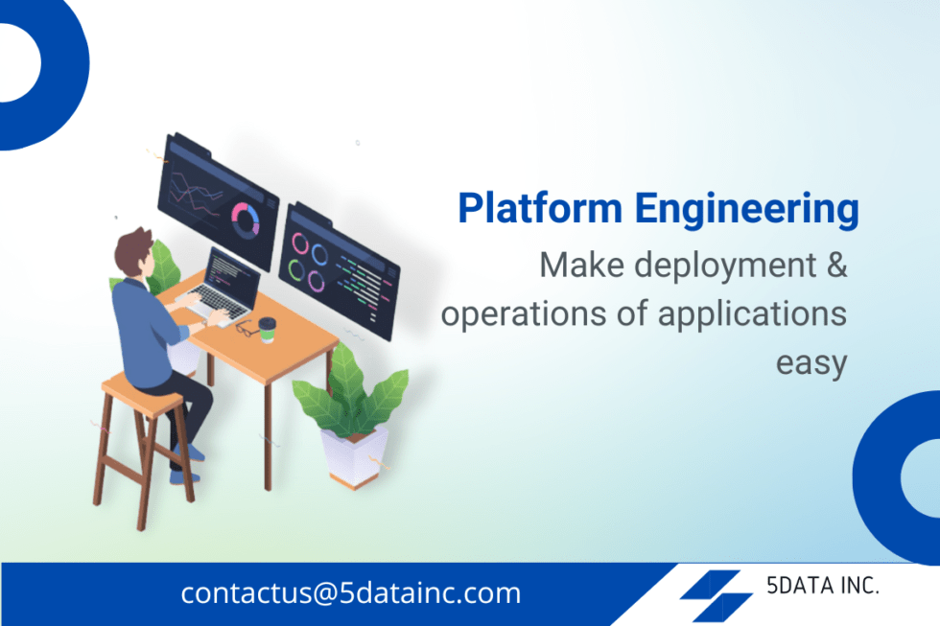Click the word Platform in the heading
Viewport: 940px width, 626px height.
click(x=540, y=208)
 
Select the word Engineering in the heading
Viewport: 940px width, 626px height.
click(x=747, y=210)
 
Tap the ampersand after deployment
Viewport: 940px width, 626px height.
click(x=836, y=265)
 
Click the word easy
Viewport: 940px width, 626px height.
click(x=811, y=363)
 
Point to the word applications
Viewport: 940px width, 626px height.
click(x=752, y=314)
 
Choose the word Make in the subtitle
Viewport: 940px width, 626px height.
click(x=581, y=265)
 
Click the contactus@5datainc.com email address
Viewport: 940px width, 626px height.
click(x=351, y=593)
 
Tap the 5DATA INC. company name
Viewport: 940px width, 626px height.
click(x=823, y=586)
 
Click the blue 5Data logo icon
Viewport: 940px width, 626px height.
click(x=716, y=596)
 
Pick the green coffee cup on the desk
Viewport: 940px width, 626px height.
click(x=267, y=330)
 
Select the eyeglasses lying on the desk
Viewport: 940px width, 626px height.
click(x=246, y=328)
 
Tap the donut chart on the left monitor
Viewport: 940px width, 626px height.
click(x=246, y=220)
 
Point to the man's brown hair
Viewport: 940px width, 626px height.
click(x=133, y=250)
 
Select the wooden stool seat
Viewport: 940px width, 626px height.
click(x=142, y=395)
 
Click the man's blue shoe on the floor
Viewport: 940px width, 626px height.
click(x=183, y=477)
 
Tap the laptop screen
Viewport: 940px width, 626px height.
click(x=232, y=274)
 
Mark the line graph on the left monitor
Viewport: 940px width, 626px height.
click(x=195, y=195)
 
